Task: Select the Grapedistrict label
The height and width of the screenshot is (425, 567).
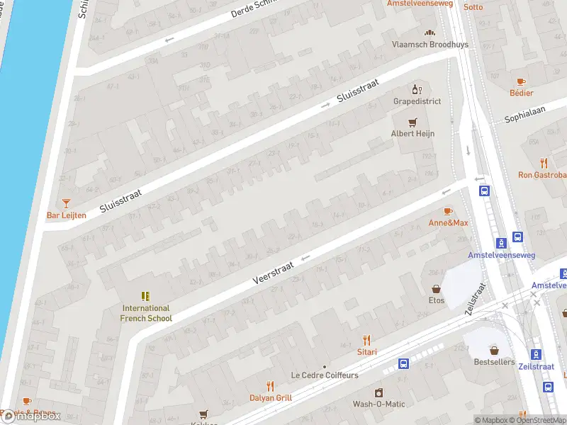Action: pyautogui.click(x=417, y=101)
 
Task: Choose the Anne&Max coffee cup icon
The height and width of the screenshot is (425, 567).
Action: pyautogui.click(x=448, y=211)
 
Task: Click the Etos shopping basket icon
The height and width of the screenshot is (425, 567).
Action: pyautogui.click(x=436, y=289)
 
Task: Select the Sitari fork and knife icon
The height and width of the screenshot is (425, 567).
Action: pyautogui.click(x=366, y=340)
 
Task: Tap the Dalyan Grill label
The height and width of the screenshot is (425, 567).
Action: pyautogui.click(x=270, y=398)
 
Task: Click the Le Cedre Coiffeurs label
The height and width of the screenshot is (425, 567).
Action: pyautogui.click(x=325, y=375)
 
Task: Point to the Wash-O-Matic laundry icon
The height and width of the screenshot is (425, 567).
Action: pyautogui.click(x=378, y=392)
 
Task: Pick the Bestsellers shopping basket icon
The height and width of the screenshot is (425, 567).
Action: pyautogui.click(x=494, y=350)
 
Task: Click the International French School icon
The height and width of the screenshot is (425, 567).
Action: pyautogui.click(x=145, y=296)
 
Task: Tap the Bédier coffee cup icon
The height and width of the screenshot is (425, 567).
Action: pyautogui.click(x=521, y=82)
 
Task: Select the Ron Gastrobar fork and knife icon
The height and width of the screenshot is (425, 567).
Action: pyautogui.click(x=544, y=163)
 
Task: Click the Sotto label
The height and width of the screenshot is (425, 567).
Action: pyautogui.click(x=473, y=7)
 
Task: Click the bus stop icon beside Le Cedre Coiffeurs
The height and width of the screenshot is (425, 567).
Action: pyautogui.click(x=403, y=364)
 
